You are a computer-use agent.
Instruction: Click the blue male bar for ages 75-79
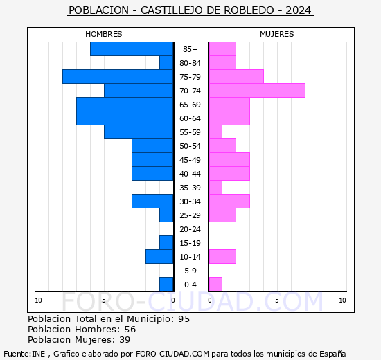pyautogui.click(x=118, y=76)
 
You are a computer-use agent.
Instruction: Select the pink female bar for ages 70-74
pyautogui.click(x=257, y=90)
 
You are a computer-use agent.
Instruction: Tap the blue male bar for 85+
pyautogui.click(x=132, y=48)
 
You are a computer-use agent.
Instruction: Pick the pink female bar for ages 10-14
pyautogui.click(x=222, y=256)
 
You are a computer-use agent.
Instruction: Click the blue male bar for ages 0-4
pyautogui.click(x=166, y=284)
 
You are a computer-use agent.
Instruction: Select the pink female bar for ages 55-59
pyautogui.click(x=215, y=132)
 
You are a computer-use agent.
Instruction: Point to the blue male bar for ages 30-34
pyautogui.click(x=152, y=201)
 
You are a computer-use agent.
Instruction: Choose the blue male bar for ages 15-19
pyautogui.click(x=166, y=242)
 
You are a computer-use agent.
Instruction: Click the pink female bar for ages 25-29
pyautogui.click(x=222, y=215)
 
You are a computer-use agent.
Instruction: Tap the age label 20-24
pyautogui.click(x=190, y=229)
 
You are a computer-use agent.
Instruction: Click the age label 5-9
pyautogui.click(x=190, y=271)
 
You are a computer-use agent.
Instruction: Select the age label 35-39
pyautogui.click(x=190, y=188)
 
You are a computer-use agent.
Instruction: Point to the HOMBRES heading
pyautogui.click(x=103, y=34)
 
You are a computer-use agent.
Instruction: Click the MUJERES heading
pyautogui.click(x=276, y=34)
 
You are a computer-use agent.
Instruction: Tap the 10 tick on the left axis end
pyautogui.click(x=38, y=300)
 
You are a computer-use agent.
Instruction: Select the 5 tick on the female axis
pyautogui.click(x=276, y=300)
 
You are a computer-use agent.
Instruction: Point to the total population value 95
pyautogui.click(x=183, y=319)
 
